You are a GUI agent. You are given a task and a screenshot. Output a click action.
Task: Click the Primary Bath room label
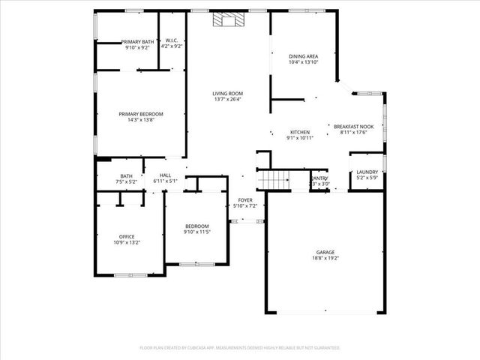(137, 41)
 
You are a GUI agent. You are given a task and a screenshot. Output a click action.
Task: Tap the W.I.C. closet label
(172, 41)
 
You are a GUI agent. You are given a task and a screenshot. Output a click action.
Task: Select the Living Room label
(226, 92)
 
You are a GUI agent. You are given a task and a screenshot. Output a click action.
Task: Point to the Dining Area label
(303, 55)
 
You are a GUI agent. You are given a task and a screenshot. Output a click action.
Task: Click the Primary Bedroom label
(140, 113)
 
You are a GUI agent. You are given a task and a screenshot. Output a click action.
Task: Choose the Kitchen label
(299, 132)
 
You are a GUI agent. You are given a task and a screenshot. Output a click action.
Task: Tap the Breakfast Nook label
(353, 127)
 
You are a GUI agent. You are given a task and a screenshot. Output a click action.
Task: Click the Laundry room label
(367, 172)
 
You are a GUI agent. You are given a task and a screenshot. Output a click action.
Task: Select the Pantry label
(320, 178)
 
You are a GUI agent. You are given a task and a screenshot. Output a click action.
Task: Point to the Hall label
(165, 175)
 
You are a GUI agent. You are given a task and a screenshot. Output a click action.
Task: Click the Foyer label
(244, 199)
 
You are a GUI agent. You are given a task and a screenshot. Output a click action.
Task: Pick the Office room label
(126, 237)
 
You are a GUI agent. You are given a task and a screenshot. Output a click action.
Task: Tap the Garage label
(326, 252)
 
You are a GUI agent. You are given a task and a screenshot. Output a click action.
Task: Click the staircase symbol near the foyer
(275, 180)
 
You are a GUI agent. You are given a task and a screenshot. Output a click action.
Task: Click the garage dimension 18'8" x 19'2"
(326, 258)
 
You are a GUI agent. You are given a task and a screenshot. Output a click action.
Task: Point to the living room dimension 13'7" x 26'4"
(226, 98)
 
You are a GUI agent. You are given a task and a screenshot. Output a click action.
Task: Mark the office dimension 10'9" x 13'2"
(126, 243)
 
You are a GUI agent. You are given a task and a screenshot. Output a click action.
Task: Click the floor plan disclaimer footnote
(240, 348)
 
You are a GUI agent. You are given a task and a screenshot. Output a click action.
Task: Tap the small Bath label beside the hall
(126, 175)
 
